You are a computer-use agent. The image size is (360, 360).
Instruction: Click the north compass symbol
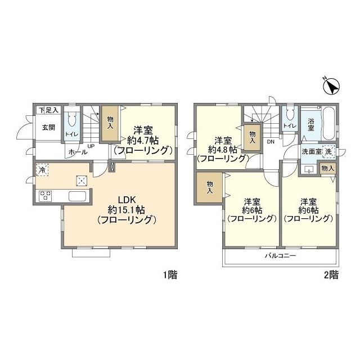[331, 87]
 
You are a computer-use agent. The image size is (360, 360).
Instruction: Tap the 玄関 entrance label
[49, 128]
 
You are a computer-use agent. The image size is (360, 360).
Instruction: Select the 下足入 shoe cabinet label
[49, 110]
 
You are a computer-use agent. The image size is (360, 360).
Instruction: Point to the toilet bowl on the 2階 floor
[290, 114]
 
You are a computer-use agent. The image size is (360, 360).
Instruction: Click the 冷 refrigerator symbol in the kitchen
[42, 170]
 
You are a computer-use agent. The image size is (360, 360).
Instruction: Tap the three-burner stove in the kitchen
[45, 196]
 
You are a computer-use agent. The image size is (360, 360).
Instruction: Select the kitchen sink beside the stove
[78, 196]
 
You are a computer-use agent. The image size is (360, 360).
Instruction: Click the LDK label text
[127, 200]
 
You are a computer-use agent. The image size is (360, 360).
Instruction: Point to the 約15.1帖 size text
[126, 210]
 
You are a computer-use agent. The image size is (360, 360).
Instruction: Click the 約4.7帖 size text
[143, 140]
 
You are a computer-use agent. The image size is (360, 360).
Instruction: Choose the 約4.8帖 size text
[223, 150]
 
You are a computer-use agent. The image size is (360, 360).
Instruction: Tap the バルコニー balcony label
[280, 255]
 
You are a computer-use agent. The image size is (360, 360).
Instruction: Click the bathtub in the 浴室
[329, 123]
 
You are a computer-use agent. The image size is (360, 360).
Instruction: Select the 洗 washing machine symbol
[328, 152]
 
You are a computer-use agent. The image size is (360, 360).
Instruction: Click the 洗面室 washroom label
[311, 151]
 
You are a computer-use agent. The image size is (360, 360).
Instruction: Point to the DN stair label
[271, 142]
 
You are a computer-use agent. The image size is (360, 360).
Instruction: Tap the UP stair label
[91, 146]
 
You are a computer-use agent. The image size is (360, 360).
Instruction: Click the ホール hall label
[78, 152]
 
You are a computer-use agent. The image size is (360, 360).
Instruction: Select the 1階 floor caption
[170, 275]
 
